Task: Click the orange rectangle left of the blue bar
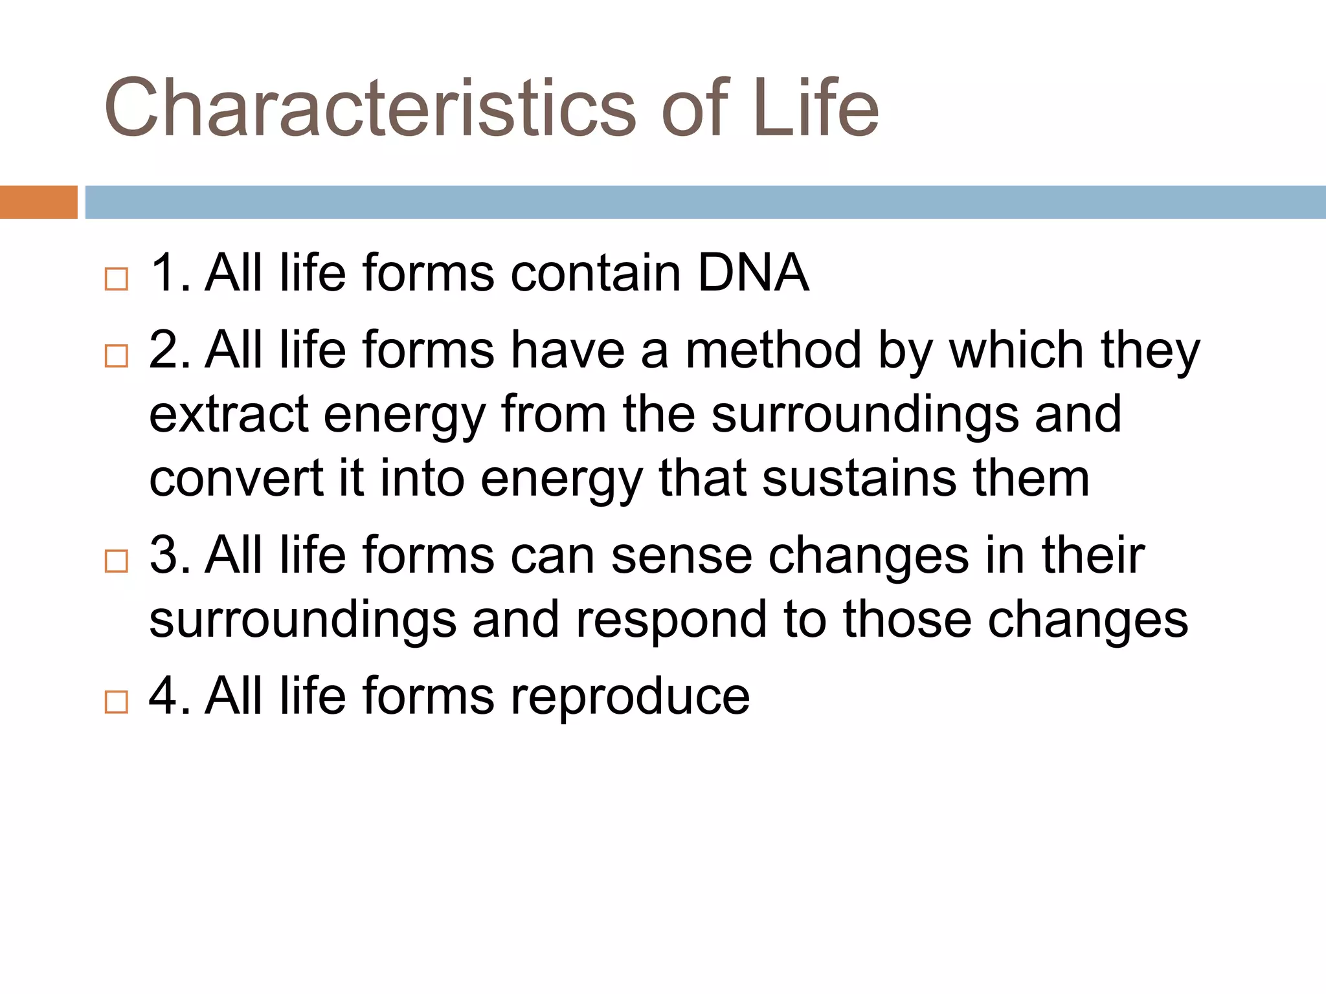[x=38, y=202]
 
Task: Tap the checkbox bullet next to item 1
[x=117, y=280]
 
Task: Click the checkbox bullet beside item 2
[x=117, y=356]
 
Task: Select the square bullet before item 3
[x=117, y=561]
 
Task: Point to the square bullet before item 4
[x=117, y=702]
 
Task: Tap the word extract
[x=229, y=415]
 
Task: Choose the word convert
[x=237, y=480]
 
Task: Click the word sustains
[x=859, y=480]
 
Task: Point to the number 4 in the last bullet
[x=163, y=696]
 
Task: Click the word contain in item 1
[x=595, y=274]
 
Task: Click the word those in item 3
[x=907, y=620]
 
